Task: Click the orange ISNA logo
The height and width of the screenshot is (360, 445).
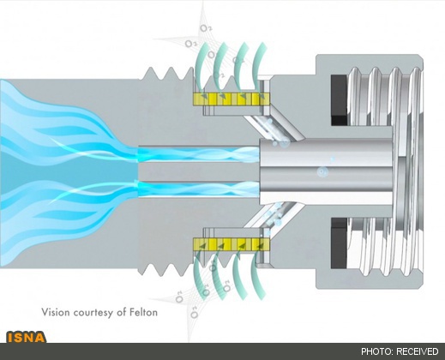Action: pyautogui.click(x=27, y=337)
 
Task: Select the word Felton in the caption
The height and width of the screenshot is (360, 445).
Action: pyautogui.click(x=144, y=312)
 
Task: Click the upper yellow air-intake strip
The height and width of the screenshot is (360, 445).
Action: pyautogui.click(x=232, y=99)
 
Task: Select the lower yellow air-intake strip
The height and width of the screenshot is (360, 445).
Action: pyautogui.click(x=232, y=244)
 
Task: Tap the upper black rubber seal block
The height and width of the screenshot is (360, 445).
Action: pyautogui.click(x=340, y=100)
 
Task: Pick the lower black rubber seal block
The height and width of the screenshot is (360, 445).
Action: pyautogui.click(x=340, y=243)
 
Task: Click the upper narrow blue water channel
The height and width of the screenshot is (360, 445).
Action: pyautogui.click(x=199, y=154)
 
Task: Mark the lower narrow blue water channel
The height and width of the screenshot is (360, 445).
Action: pyautogui.click(x=199, y=189)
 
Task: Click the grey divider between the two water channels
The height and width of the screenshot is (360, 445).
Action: pyautogui.click(x=199, y=171)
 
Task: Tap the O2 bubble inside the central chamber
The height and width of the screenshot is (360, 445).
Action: pyautogui.click(x=322, y=172)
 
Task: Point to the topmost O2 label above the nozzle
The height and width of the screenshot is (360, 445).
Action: pyautogui.click(x=206, y=28)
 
